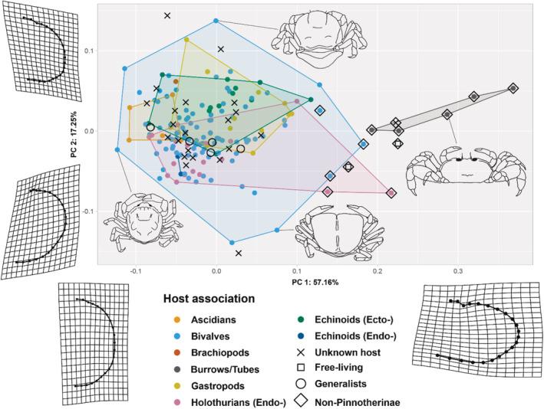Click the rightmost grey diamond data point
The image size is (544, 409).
pyautogui.click(x=513, y=89)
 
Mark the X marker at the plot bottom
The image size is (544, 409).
pyautogui.click(x=239, y=253)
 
